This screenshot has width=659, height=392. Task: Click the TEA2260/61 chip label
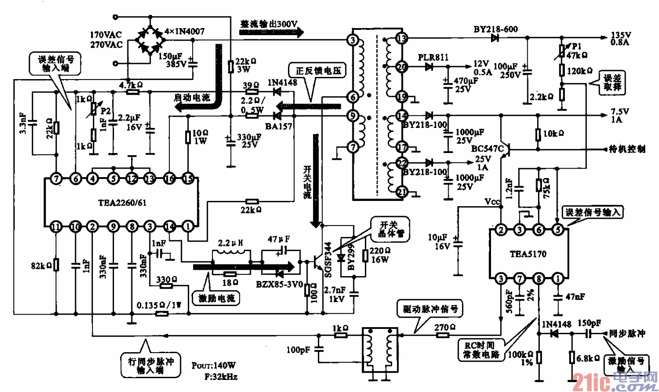coord(122,203)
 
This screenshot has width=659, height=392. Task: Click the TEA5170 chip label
coord(528,254)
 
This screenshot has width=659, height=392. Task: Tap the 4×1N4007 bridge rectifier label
coord(184,32)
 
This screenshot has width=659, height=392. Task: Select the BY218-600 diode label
coord(495,29)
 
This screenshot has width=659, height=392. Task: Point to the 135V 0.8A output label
coord(620,38)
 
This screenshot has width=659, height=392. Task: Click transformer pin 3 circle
coord(353,40)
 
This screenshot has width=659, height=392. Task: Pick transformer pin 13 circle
coord(402,38)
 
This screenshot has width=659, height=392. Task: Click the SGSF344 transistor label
coord(328,259)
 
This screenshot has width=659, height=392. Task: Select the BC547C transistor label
coord(487,149)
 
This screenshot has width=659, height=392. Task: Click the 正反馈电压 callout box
coord(318,70)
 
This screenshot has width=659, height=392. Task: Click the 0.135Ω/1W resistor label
coord(159,305)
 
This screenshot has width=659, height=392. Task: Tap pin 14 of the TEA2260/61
coord(169,226)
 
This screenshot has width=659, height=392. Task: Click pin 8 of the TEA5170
coord(539,279)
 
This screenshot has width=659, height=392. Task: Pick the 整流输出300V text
coord(269,24)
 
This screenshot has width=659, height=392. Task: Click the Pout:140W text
coord(214,366)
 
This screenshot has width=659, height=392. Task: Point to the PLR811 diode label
coord(433,57)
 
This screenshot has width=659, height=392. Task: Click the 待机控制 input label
coord(627,149)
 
